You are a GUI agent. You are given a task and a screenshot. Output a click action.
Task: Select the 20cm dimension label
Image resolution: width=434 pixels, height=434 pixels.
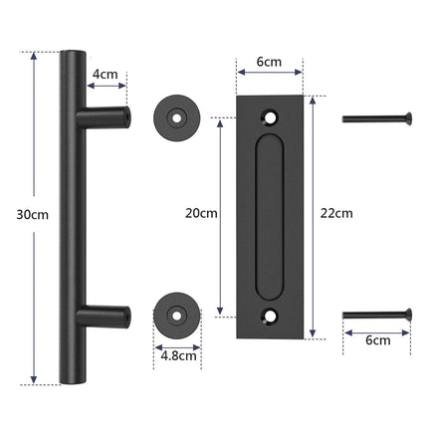click(x=202, y=213)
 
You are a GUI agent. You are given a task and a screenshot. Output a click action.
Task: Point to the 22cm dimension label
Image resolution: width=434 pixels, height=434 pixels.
click(x=338, y=213)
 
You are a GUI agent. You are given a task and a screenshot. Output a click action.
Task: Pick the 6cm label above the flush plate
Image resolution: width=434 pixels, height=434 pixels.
click(x=269, y=63)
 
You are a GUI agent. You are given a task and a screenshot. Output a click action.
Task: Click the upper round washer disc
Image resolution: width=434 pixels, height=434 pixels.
click(x=176, y=117)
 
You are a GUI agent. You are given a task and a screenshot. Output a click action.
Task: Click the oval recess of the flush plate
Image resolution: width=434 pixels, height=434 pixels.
click(x=269, y=215)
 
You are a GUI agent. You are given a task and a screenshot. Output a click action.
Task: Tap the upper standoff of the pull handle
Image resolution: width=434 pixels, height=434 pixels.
click(x=108, y=117)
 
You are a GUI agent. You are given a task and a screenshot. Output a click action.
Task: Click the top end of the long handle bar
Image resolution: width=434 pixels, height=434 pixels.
click(x=73, y=52)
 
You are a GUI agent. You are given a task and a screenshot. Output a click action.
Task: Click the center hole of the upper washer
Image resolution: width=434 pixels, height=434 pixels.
click(x=176, y=117)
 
